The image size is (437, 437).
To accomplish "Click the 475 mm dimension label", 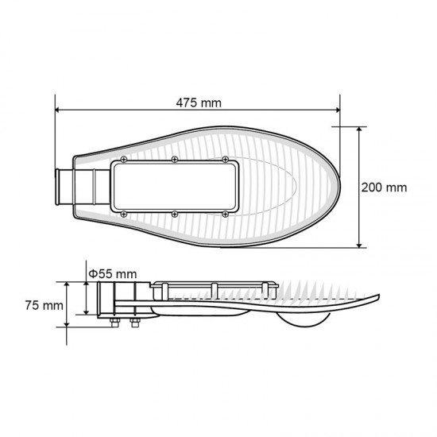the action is [x=199, y=102].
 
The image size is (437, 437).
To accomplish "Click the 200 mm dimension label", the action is [x=384, y=188].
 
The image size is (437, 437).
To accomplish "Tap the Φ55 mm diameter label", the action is [x=113, y=274].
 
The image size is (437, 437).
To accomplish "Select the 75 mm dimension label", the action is [x=44, y=305].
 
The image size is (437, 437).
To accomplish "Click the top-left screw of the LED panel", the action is [x=124, y=160].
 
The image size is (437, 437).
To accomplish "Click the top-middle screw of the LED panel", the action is [x=175, y=160].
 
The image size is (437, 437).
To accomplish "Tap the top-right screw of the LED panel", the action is [x=225, y=160].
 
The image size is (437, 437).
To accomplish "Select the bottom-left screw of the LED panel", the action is [x=124, y=214].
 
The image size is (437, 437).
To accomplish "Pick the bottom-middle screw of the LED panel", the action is [x=175, y=214].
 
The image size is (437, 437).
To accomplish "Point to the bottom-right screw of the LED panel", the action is [x=225, y=214].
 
